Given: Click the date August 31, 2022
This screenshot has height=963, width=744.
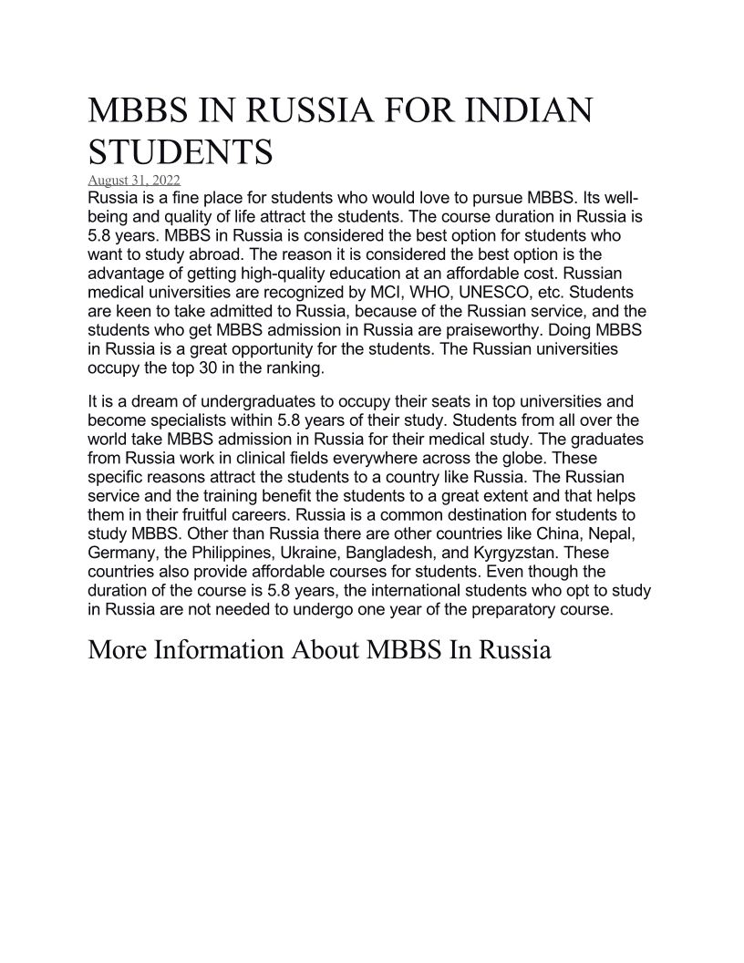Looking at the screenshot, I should (134, 180).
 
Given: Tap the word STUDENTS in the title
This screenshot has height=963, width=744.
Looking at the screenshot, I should (180, 152).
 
